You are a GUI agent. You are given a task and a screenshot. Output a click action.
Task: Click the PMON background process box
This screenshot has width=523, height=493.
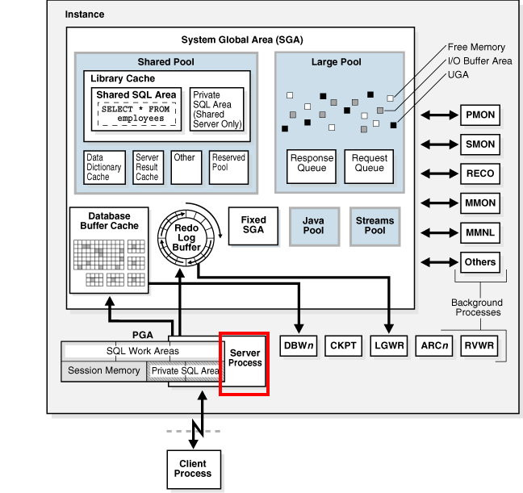480,116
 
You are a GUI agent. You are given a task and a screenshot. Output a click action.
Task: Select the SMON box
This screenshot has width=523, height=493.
480,145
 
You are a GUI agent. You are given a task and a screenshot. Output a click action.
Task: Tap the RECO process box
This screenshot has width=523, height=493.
480,173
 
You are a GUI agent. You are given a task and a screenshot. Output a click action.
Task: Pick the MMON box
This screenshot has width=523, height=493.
480,203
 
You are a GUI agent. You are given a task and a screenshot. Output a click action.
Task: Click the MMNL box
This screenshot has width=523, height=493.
480,232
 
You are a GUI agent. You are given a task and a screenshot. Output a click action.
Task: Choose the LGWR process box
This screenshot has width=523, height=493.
390,346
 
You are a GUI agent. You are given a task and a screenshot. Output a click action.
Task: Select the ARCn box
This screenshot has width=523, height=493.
435,346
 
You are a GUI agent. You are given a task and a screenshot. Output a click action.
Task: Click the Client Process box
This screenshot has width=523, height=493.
193,469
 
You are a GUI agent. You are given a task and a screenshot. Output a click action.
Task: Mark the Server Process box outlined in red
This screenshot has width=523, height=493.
245,363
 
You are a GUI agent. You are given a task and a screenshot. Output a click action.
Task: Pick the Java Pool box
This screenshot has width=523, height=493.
313,226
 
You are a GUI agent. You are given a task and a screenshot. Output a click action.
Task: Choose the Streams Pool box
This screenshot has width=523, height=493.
375,226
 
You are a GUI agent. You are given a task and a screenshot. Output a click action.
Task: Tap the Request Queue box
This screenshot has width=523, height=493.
369,164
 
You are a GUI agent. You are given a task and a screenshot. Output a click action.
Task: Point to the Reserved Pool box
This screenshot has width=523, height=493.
229,162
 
